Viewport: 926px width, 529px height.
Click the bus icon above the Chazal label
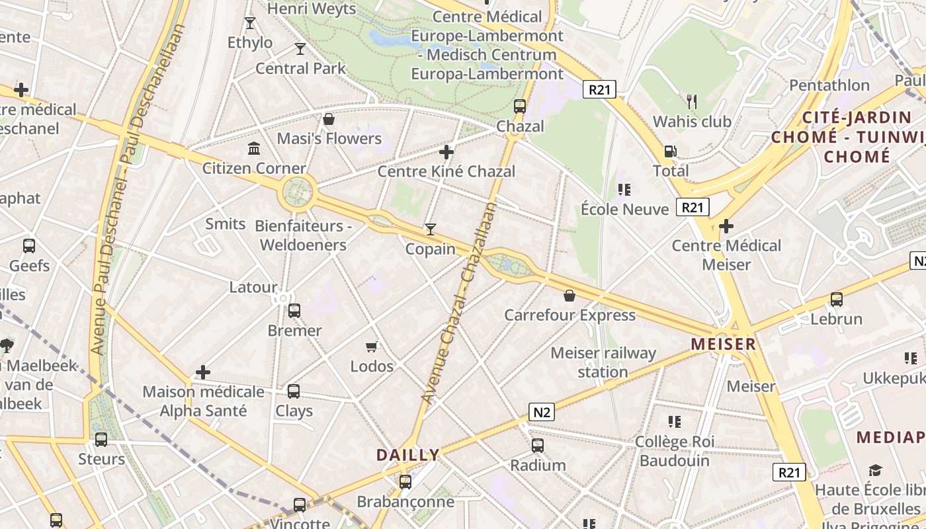pos(520,106)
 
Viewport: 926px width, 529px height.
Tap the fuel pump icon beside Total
pos(670,151)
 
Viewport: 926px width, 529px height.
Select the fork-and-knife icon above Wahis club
pos(692,101)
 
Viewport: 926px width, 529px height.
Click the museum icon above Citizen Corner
pos(254,147)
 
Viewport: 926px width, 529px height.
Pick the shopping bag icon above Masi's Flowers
pos(328,119)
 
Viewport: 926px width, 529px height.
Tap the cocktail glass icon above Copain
pos(431,229)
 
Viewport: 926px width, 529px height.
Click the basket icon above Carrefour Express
pos(569,296)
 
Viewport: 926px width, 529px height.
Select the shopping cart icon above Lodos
pos(372,346)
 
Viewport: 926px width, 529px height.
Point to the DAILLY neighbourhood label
pos(408,455)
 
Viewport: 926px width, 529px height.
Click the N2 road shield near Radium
pos(542,413)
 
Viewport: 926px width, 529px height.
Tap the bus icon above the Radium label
pos(538,446)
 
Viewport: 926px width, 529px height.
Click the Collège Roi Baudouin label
pos(674,451)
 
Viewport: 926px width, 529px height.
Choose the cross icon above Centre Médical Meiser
pos(726,226)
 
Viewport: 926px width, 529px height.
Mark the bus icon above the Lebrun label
pos(837,300)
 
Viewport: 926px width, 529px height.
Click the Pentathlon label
pos(829,85)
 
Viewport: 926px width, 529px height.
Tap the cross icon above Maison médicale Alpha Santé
pos(203,372)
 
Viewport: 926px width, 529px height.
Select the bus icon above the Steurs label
pos(101,440)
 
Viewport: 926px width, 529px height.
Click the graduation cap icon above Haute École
pos(876,471)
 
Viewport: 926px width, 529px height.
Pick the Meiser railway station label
pos(603,362)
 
